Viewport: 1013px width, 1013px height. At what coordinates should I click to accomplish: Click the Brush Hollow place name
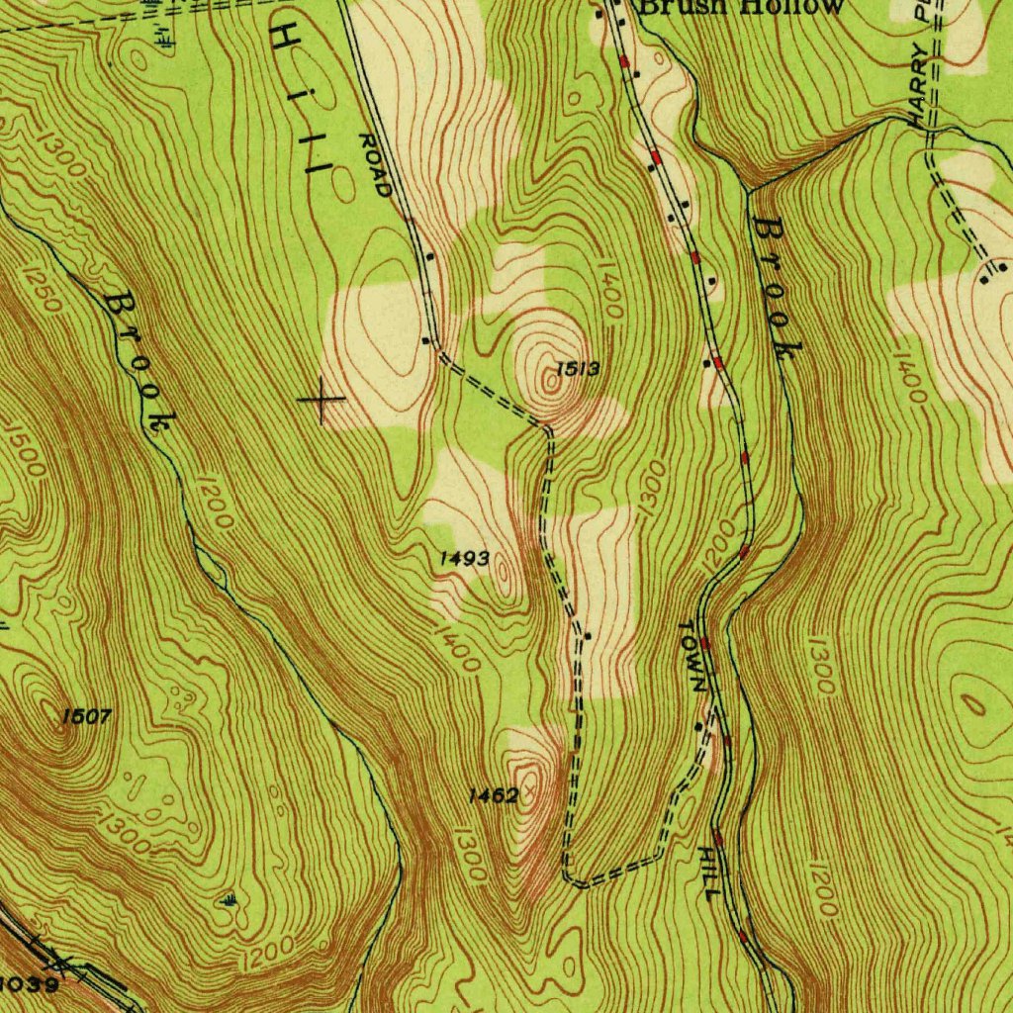[x=740, y=7]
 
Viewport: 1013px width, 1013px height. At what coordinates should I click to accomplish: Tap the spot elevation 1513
[x=578, y=369]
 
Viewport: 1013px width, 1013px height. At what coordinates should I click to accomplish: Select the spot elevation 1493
[x=464, y=559]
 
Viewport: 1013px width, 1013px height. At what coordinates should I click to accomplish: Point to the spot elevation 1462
[x=494, y=794]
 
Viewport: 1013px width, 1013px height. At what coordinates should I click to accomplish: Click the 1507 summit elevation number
[x=86, y=716]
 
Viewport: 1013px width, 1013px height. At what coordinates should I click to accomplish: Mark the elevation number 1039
[x=30, y=983]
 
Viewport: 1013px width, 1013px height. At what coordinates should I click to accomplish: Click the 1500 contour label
[x=24, y=449]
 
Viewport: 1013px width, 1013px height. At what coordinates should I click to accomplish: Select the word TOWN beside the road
[x=693, y=655]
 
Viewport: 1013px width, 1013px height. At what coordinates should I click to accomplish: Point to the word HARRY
[x=920, y=84]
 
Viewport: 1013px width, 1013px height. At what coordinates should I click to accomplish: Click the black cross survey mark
[x=322, y=400]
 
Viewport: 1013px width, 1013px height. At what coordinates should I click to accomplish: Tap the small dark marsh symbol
[x=229, y=899]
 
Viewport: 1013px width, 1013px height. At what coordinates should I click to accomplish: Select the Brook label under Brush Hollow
[x=777, y=287]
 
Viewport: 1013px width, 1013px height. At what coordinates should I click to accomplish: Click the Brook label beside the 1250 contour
[x=138, y=361]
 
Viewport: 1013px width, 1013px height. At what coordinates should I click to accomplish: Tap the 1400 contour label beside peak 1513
[x=609, y=297]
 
